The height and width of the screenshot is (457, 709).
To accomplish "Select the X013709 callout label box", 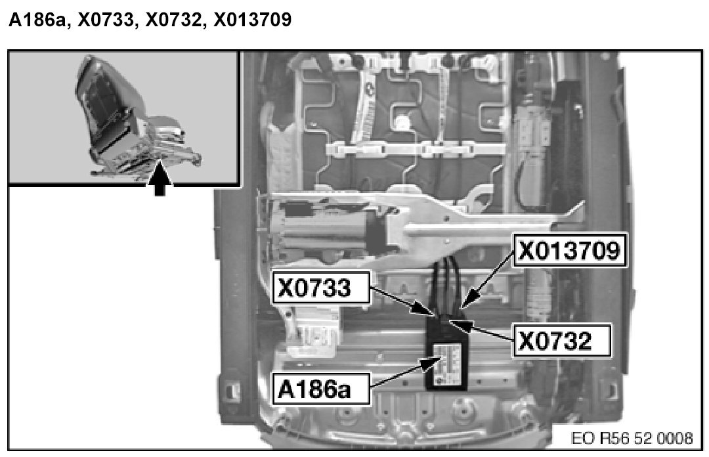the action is coord(569,251).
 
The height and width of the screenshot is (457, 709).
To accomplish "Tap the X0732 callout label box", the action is coord(563,340).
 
